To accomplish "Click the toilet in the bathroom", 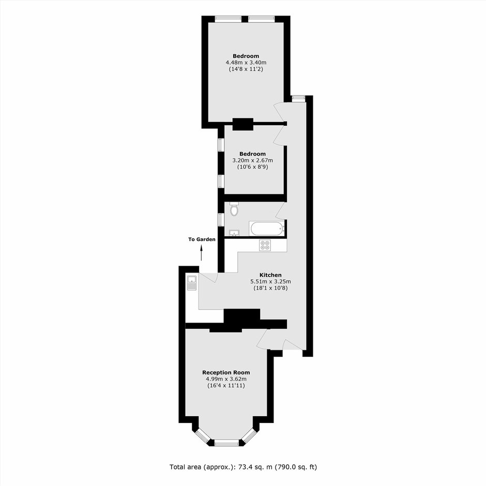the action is tap(235, 209).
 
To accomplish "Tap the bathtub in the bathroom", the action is tap(267, 229).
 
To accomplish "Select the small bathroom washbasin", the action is tap(233, 233).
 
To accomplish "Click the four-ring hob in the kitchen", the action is tap(265, 245).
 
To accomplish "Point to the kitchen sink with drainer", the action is tap(192, 283).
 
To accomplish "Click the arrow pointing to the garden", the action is tap(202, 253).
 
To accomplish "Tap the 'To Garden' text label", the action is tap(202, 239).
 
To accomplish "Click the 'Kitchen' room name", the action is tap(270, 275).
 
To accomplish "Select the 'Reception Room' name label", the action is tap(226, 373).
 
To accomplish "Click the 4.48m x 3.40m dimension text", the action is tap(246, 63).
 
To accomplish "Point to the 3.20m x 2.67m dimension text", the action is tap(253, 161).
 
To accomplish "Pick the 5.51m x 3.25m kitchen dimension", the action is tap(270, 282).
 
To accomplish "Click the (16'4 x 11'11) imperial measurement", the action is tap(226, 386).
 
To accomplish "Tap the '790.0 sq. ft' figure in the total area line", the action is tap(296, 467).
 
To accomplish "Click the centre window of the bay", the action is tap(226, 443).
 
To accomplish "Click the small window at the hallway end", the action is tap(298, 99).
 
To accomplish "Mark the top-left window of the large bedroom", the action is tap(229, 19).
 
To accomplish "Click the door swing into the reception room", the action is tap(263, 339).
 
